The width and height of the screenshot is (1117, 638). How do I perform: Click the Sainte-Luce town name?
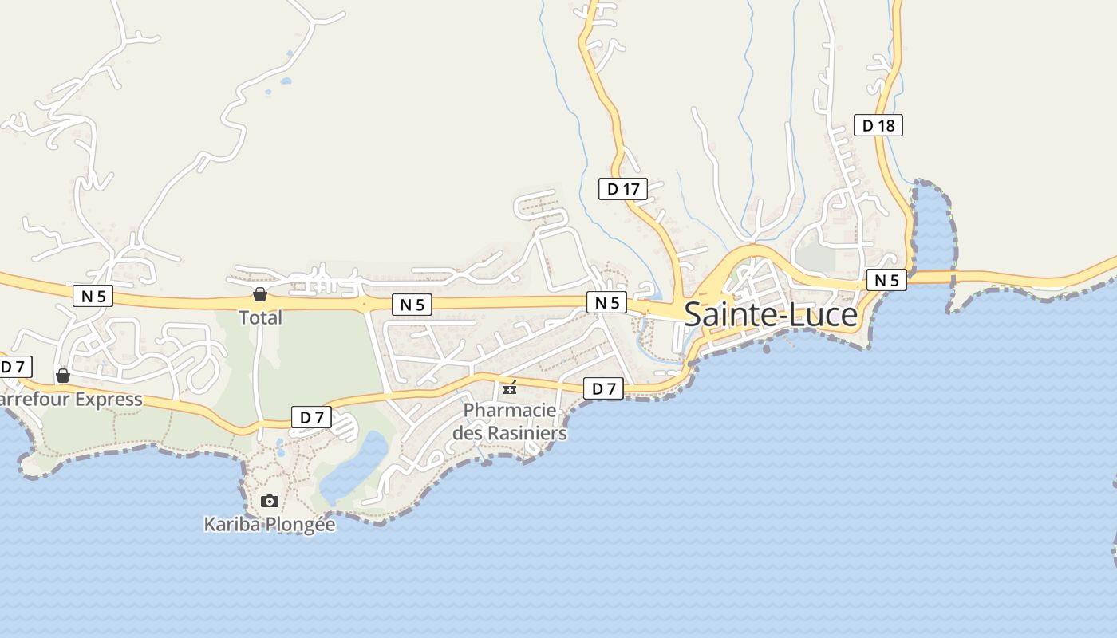pos(771,315)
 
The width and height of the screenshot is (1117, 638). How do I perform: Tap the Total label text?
pos(261,317)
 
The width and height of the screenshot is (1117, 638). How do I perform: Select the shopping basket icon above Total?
pos(259,294)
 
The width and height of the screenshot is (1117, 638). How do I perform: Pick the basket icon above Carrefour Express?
pos(63,376)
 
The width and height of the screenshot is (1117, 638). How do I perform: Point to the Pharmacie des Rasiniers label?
pos(510,422)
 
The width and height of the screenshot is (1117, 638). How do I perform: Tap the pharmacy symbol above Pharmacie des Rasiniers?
pos(510,388)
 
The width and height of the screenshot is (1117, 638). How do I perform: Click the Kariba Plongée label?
pos(270,525)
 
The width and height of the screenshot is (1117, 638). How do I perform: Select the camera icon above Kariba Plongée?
pos(270,501)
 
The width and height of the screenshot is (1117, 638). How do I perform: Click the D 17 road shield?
pos(623,189)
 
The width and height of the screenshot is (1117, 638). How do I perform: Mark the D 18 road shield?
pos(878,125)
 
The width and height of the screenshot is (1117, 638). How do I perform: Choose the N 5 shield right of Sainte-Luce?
pos(886,280)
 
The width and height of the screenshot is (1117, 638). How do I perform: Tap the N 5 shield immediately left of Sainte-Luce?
pos(607,302)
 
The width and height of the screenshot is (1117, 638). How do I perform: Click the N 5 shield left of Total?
pos(93,296)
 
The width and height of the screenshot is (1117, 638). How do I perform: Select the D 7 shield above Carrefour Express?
pos(14,367)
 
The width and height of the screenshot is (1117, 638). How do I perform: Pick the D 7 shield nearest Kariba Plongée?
pos(311,416)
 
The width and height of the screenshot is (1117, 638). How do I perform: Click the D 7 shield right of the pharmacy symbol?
pos(603,388)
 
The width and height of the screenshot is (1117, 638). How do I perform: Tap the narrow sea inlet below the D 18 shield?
pos(933,223)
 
